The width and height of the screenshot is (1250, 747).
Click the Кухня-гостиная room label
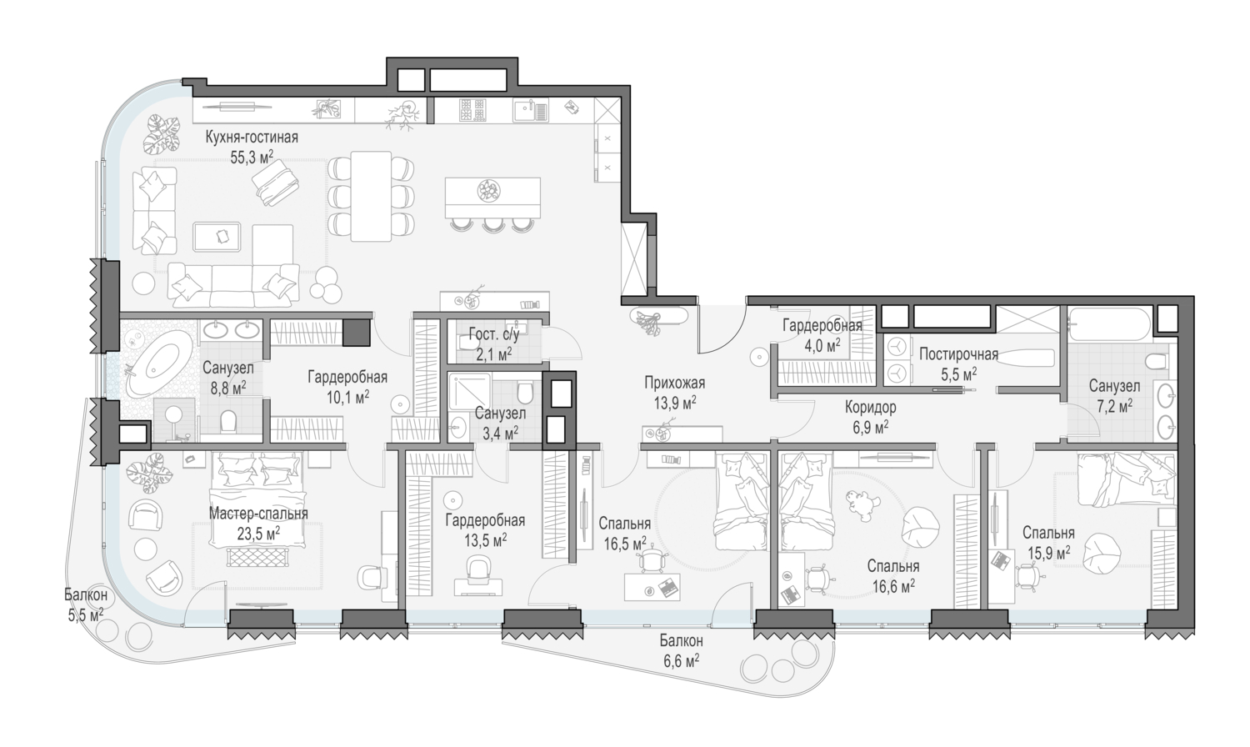click(x=252, y=138)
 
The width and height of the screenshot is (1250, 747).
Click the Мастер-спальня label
click(x=258, y=514)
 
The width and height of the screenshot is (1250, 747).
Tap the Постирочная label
click(x=958, y=354)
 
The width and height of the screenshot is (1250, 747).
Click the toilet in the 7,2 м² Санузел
click(x=1155, y=362)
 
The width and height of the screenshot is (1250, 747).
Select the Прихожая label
click(x=675, y=383)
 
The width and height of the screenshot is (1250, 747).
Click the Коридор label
click(x=871, y=408)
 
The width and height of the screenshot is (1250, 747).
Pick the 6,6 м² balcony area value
click(x=681, y=662)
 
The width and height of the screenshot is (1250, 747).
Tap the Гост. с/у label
click(x=494, y=334)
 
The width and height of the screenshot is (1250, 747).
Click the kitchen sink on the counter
click(x=530, y=110)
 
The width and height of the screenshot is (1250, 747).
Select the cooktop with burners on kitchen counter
click(x=472, y=110)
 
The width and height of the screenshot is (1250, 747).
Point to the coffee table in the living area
click(x=217, y=237)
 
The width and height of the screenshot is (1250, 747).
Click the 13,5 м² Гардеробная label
click(x=485, y=521)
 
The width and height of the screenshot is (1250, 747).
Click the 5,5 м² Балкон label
click(x=85, y=595)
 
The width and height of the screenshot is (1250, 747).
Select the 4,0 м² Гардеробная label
click(x=822, y=325)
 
